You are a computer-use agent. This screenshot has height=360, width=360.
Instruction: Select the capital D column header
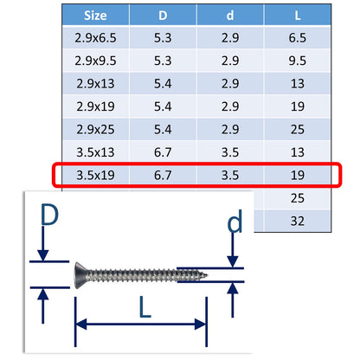click(164, 16)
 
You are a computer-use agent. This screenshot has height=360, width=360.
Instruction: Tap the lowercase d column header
click(230, 16)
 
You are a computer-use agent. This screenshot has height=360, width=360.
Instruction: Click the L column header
click(298, 16)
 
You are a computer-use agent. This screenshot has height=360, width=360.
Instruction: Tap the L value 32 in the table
click(298, 220)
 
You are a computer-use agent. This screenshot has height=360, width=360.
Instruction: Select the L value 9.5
click(298, 60)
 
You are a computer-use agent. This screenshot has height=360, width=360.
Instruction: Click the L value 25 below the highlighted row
click(298, 197)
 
